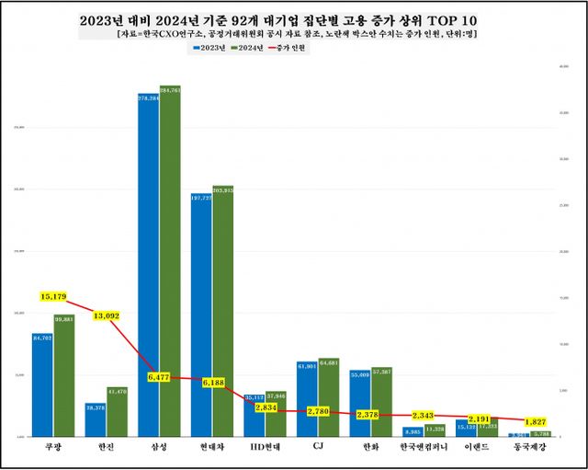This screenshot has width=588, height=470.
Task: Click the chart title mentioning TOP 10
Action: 293,18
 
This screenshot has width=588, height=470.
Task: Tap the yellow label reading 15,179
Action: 55,296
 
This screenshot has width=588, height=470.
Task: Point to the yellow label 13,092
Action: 108,316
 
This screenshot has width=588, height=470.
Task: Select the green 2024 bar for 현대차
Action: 223,313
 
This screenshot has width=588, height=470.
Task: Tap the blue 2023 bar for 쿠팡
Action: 42,386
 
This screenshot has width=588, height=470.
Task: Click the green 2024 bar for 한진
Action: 117,412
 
